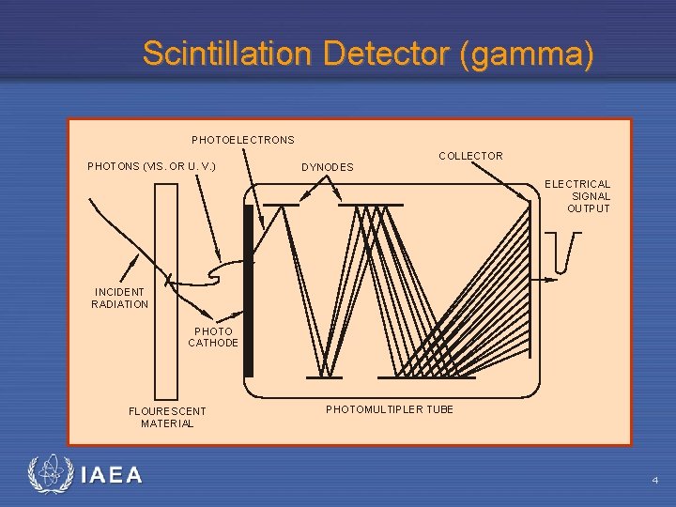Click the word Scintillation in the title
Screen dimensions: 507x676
click(226, 54)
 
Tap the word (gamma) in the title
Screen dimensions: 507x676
click(528, 54)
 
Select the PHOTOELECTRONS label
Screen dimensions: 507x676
click(243, 140)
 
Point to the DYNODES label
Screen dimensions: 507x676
click(328, 167)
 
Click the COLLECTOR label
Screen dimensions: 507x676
click(470, 156)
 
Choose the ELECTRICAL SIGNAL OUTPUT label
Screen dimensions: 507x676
click(578, 196)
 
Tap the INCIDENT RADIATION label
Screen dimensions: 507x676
click(120, 298)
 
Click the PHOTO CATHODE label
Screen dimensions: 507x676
click(213, 337)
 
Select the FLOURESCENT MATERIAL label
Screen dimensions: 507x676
click(167, 417)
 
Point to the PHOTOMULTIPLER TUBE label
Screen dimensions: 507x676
click(389, 409)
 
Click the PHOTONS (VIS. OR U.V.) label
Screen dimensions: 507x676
click(151, 166)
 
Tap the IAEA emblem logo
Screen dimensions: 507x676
click(49, 475)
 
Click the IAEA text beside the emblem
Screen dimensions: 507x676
click(112, 476)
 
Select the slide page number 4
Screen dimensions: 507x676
click(655, 481)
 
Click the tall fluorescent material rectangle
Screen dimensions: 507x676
click(165, 290)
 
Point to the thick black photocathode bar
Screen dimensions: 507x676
click(249, 290)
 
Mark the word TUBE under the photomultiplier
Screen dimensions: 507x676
click(438, 409)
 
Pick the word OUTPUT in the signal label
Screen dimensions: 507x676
click(588, 208)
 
